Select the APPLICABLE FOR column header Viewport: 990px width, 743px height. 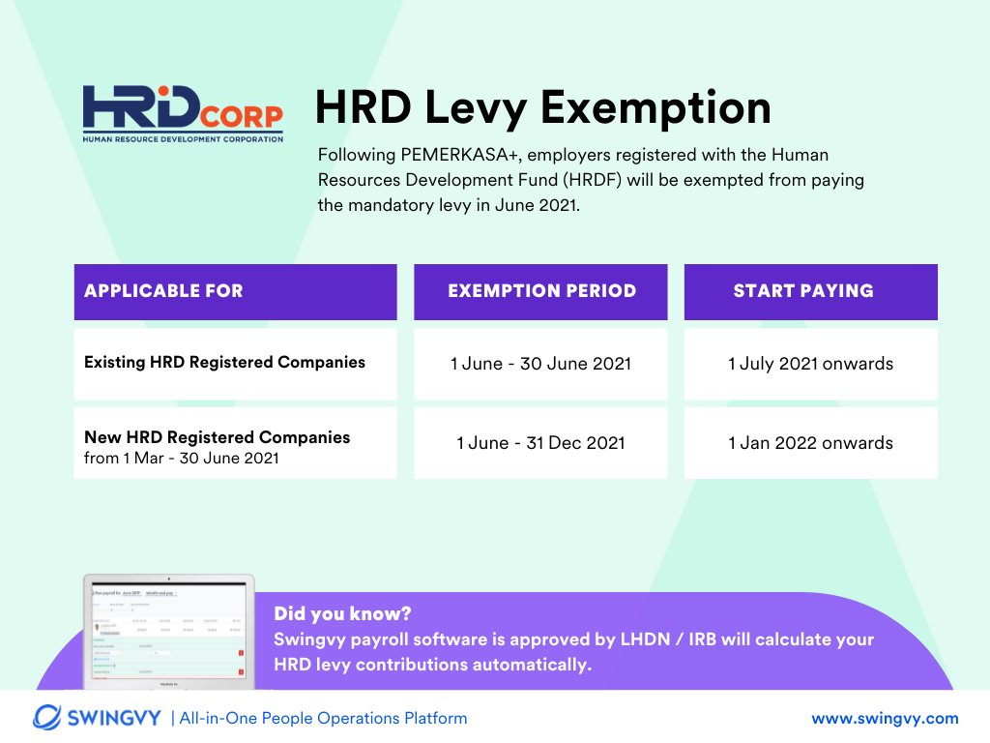coord(163,291)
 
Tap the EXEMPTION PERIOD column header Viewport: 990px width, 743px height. coord(541,291)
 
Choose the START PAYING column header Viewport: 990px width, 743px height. coord(802,291)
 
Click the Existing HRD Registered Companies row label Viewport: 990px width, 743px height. coord(224,363)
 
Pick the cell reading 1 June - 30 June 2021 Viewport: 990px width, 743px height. coord(540,365)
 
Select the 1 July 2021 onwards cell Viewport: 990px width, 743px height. coord(810,365)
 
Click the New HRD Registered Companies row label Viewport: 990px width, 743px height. coord(217,437)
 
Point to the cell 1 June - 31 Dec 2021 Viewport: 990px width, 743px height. coord(540,443)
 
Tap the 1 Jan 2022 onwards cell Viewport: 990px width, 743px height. coord(810,443)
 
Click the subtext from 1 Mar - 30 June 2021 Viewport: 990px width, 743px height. coord(181,459)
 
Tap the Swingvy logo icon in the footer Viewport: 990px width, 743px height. coord(48,717)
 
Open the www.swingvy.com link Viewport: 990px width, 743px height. coord(885,718)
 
